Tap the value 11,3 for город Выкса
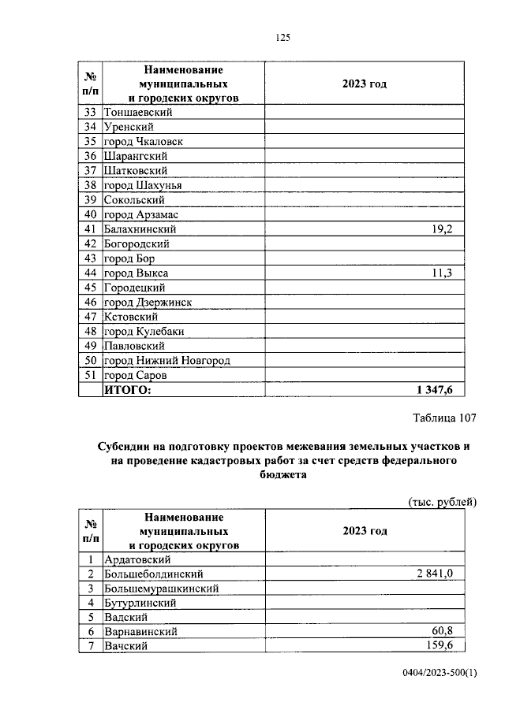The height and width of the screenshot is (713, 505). (x=448, y=273)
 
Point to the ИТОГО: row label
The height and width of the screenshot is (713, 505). (x=127, y=389)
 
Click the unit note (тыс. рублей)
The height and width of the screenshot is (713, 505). (x=443, y=502)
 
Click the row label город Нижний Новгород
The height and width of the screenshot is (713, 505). (x=166, y=361)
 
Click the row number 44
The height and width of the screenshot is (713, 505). (x=90, y=273)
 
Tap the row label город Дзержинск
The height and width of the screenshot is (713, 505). (x=148, y=302)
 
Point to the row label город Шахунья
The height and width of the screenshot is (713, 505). (x=143, y=185)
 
